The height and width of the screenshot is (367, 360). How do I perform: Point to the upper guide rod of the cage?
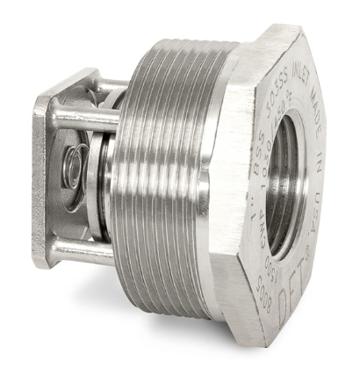83,115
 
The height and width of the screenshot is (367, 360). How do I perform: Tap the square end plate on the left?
41,176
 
